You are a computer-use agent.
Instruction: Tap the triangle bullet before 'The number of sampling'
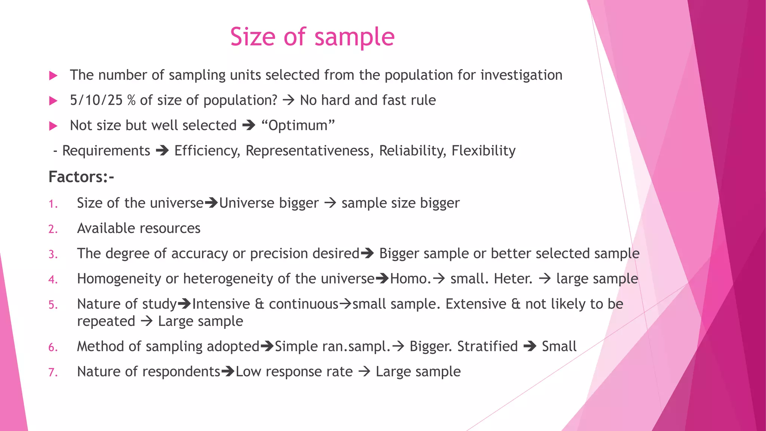[53, 76]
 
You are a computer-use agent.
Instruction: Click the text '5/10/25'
[96, 100]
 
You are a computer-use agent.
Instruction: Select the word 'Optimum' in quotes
[298, 125]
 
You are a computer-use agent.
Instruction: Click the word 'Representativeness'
[307, 151]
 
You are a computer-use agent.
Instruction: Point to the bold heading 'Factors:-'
[81, 177]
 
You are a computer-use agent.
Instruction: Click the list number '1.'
[53, 204]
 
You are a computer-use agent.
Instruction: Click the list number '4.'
[53, 280]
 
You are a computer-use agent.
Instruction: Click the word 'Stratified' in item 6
[487, 346]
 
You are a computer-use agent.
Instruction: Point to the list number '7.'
[53, 373]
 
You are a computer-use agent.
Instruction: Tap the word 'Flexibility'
[483, 151]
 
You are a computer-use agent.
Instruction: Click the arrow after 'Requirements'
[162, 151]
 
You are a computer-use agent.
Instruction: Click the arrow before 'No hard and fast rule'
[288, 100]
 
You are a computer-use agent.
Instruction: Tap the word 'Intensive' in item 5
[221, 304]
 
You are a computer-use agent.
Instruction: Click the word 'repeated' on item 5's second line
[106, 321]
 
